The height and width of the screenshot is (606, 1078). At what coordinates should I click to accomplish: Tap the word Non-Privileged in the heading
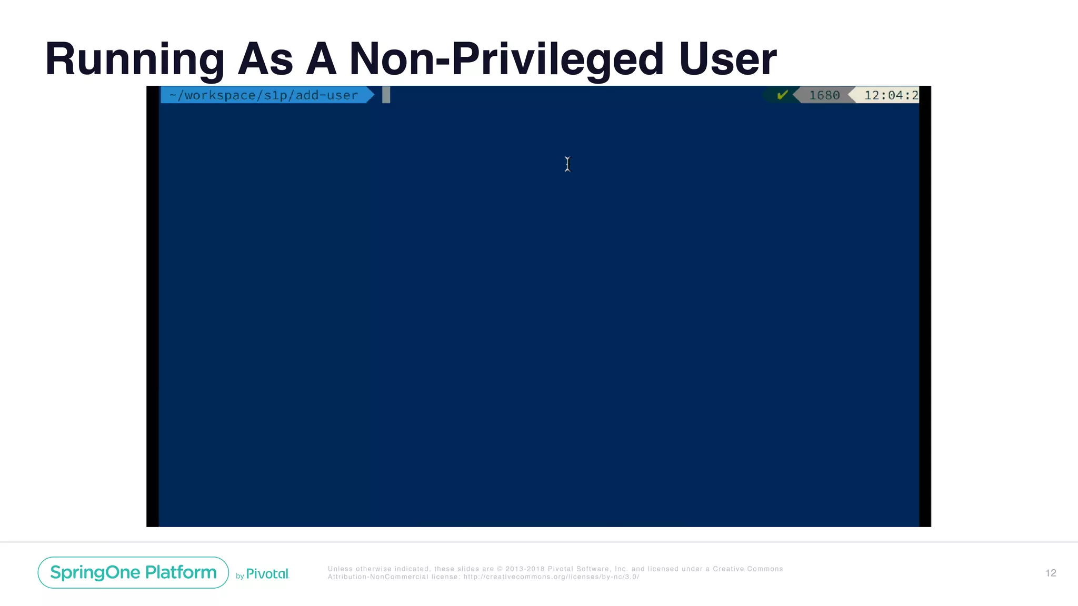[x=506, y=59]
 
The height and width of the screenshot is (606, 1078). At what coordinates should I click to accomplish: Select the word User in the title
[x=727, y=59]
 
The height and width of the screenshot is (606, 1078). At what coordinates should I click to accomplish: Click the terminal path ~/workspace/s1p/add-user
[x=264, y=95]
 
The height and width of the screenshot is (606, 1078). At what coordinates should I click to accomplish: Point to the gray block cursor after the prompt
[x=386, y=95]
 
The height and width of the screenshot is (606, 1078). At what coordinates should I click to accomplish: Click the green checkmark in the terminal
[x=782, y=95]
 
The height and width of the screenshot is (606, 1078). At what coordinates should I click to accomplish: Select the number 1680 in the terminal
[x=824, y=95]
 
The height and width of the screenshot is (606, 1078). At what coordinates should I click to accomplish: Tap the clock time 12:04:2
[x=891, y=95]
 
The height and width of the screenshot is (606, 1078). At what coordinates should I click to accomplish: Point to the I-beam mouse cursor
[x=567, y=164]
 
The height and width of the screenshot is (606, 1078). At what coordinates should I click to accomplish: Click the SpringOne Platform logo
[x=133, y=572]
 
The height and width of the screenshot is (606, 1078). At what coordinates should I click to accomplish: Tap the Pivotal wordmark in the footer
[x=267, y=574]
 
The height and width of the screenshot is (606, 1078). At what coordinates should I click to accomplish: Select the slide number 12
[x=1051, y=573]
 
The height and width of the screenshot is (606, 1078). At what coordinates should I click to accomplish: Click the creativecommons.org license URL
[x=551, y=577]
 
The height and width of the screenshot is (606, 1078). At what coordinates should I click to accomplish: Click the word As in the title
[x=265, y=59]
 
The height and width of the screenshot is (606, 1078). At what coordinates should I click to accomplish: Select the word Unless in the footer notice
[x=340, y=569]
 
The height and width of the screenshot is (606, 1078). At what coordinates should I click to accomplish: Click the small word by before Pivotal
[x=239, y=577]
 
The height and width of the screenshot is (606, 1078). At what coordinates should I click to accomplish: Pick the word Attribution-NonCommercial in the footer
[x=378, y=577]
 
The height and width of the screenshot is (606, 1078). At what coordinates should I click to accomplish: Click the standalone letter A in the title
[x=321, y=59]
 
